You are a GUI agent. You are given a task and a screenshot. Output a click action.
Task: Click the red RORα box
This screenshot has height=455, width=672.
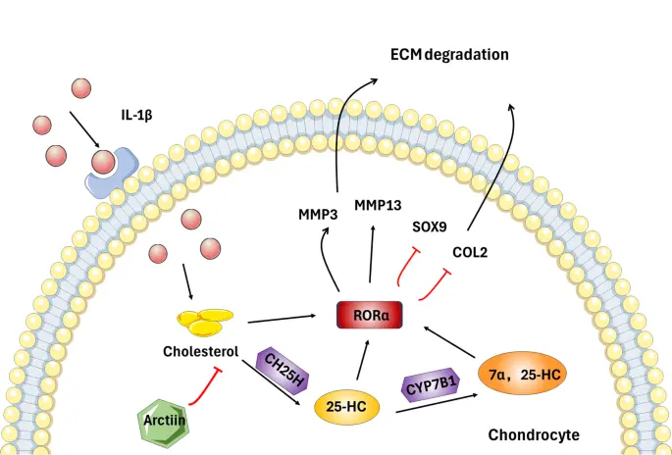[x=371, y=315]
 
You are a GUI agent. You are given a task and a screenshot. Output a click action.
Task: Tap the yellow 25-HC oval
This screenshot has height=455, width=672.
[x=347, y=404]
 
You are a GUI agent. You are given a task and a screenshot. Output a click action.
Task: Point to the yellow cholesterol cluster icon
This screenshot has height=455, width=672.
[x=206, y=321]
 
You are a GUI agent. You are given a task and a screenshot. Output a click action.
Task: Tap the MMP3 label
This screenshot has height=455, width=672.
[x=320, y=212]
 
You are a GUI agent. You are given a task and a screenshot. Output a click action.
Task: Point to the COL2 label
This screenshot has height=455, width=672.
[x=473, y=252]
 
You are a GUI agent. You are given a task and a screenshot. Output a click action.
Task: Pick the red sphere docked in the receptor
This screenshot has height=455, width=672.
[x=104, y=160]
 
